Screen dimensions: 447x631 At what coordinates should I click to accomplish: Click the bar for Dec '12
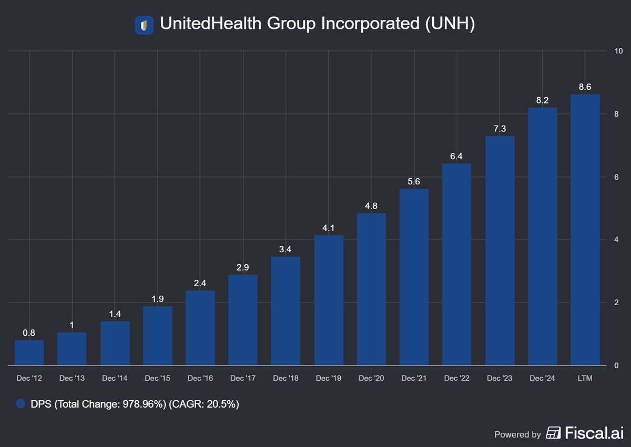29,352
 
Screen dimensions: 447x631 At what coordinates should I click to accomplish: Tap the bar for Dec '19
329,300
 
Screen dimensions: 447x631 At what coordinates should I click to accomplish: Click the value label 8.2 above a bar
542,99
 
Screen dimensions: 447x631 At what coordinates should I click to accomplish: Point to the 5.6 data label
414,181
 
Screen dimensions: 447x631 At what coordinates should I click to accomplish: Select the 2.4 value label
200,282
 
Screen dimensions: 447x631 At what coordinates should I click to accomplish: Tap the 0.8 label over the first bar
29,332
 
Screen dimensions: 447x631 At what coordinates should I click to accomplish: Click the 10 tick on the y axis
618,51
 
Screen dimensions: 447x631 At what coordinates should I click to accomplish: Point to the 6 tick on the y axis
616,177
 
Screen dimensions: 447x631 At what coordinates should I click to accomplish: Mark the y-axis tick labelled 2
616,303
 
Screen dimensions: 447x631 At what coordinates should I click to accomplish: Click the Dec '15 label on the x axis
157,378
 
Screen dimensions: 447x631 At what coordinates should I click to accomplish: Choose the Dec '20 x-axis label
371,378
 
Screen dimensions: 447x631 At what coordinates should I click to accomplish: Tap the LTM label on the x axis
585,378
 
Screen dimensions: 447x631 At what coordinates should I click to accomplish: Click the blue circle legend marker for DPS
21,404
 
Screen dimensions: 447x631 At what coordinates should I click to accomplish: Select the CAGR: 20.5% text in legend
210,404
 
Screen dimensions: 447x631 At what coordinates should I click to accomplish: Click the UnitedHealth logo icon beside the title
144,25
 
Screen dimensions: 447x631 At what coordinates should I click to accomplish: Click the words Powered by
517,434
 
